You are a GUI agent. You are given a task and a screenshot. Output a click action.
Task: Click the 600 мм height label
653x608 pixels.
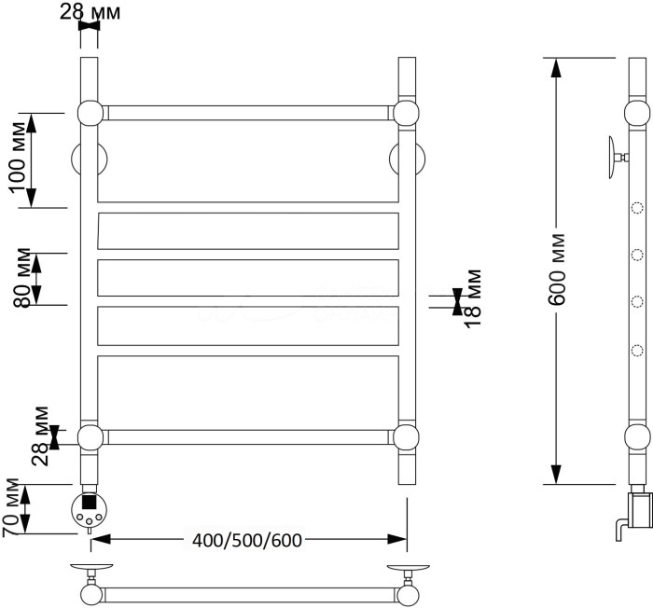tap(558, 269)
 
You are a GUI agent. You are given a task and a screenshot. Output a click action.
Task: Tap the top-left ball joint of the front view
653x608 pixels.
tap(89, 113)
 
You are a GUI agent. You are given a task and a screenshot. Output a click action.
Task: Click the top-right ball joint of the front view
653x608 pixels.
tap(406, 113)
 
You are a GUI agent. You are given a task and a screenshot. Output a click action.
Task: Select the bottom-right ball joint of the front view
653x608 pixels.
tap(406, 436)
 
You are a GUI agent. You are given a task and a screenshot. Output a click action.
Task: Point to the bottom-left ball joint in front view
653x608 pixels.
tap(89, 436)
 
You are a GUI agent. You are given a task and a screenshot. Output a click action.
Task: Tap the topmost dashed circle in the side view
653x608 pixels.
tap(638, 209)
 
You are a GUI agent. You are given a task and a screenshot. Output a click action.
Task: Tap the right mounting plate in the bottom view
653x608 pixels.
tap(409, 568)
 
